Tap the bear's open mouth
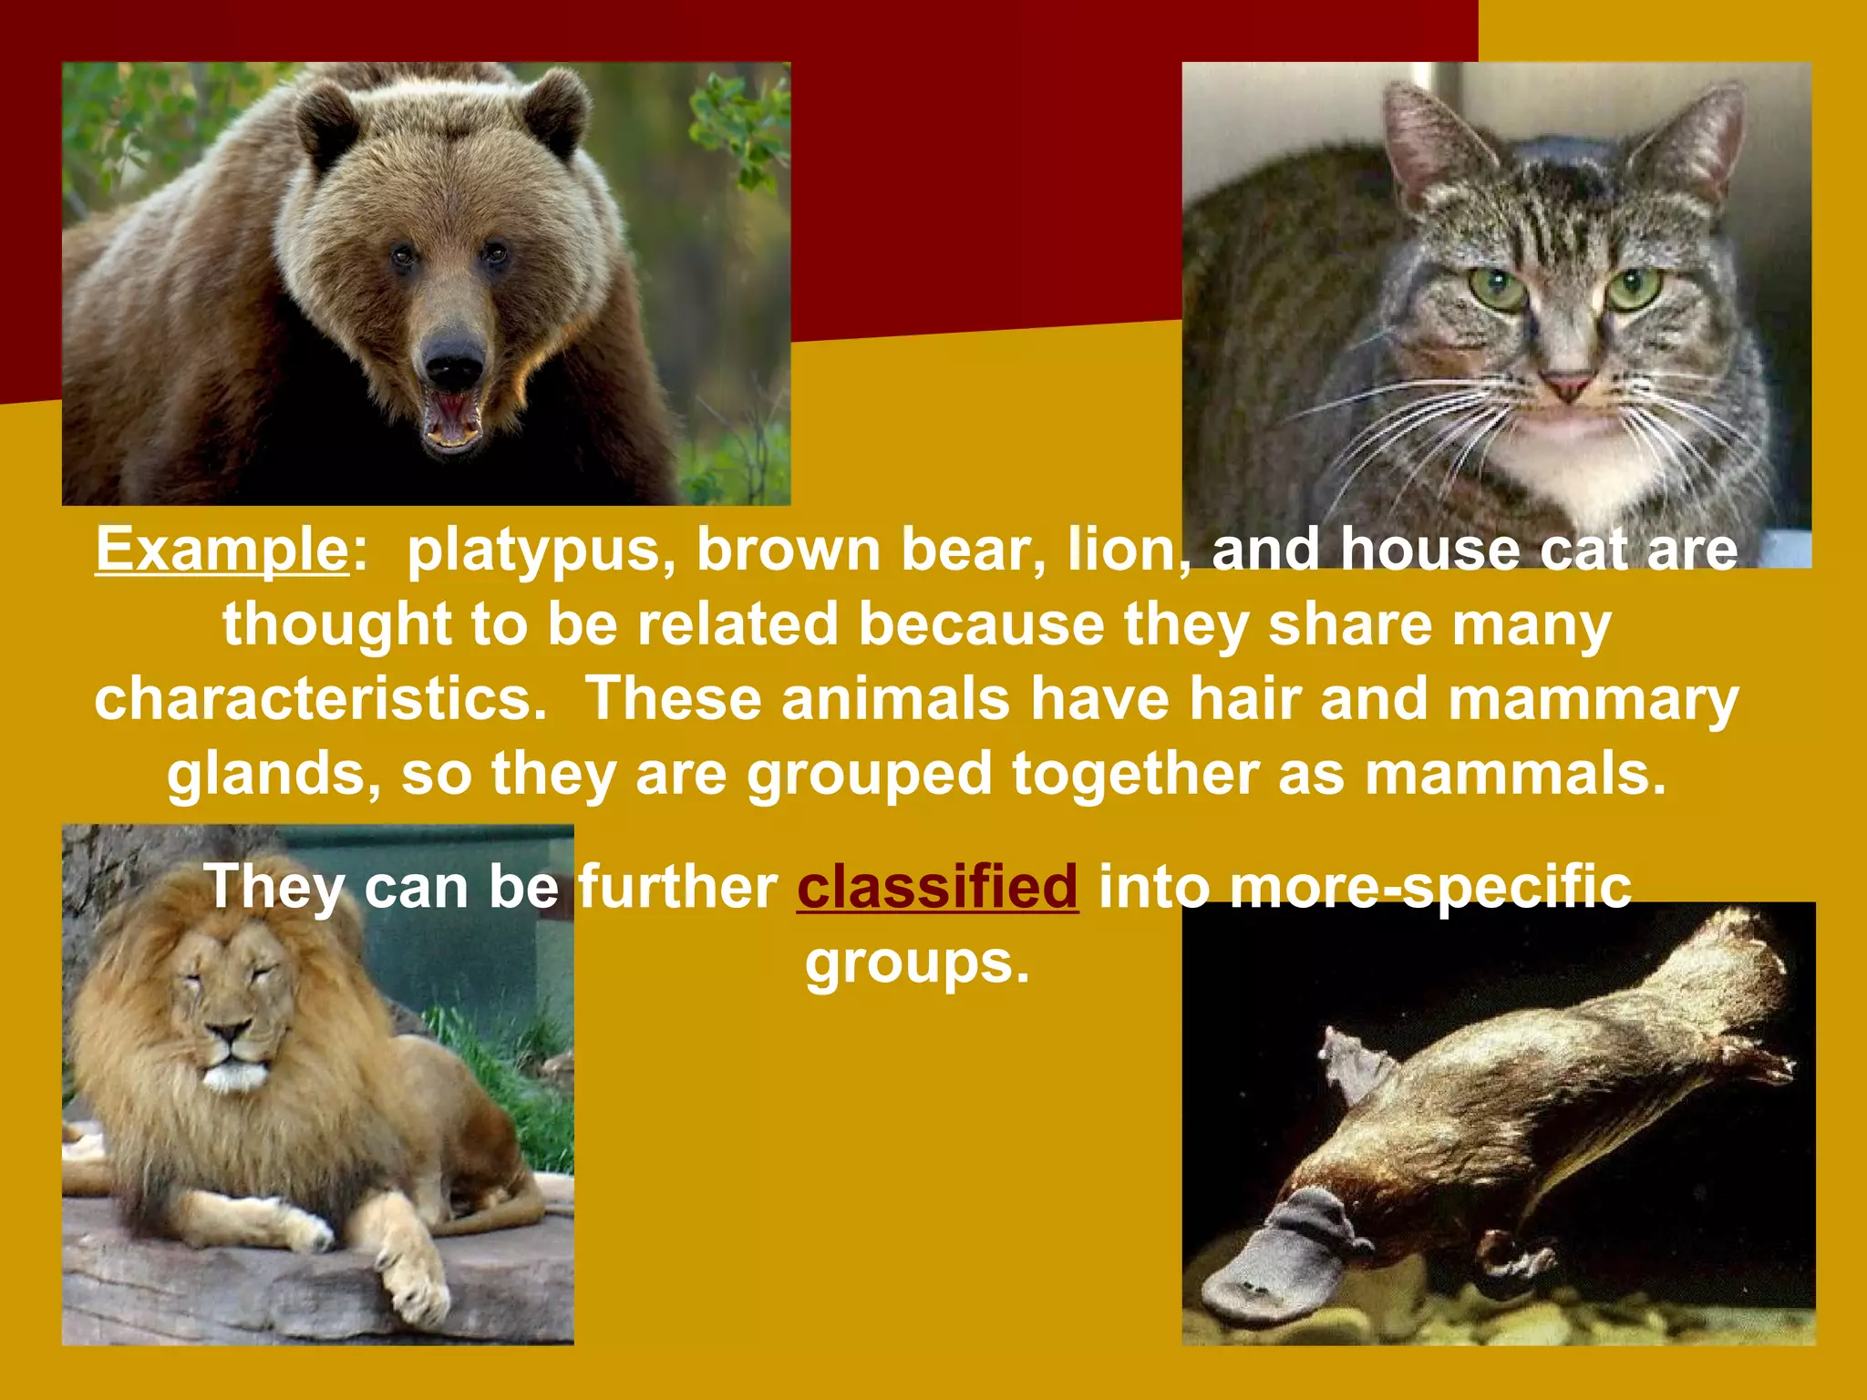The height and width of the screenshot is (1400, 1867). click(x=453, y=420)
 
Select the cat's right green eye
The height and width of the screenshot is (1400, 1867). click(x=1635, y=287)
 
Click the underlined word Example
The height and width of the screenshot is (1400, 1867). click(x=222, y=550)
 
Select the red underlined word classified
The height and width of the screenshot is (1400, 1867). click(x=937, y=886)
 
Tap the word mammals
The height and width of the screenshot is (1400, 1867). click(x=1514, y=774)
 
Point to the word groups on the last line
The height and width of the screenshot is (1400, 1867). click(x=916, y=963)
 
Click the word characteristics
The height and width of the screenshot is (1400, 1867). click(x=320, y=699)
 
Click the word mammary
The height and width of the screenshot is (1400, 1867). click(x=1594, y=701)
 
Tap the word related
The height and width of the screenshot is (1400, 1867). click(x=737, y=624)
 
